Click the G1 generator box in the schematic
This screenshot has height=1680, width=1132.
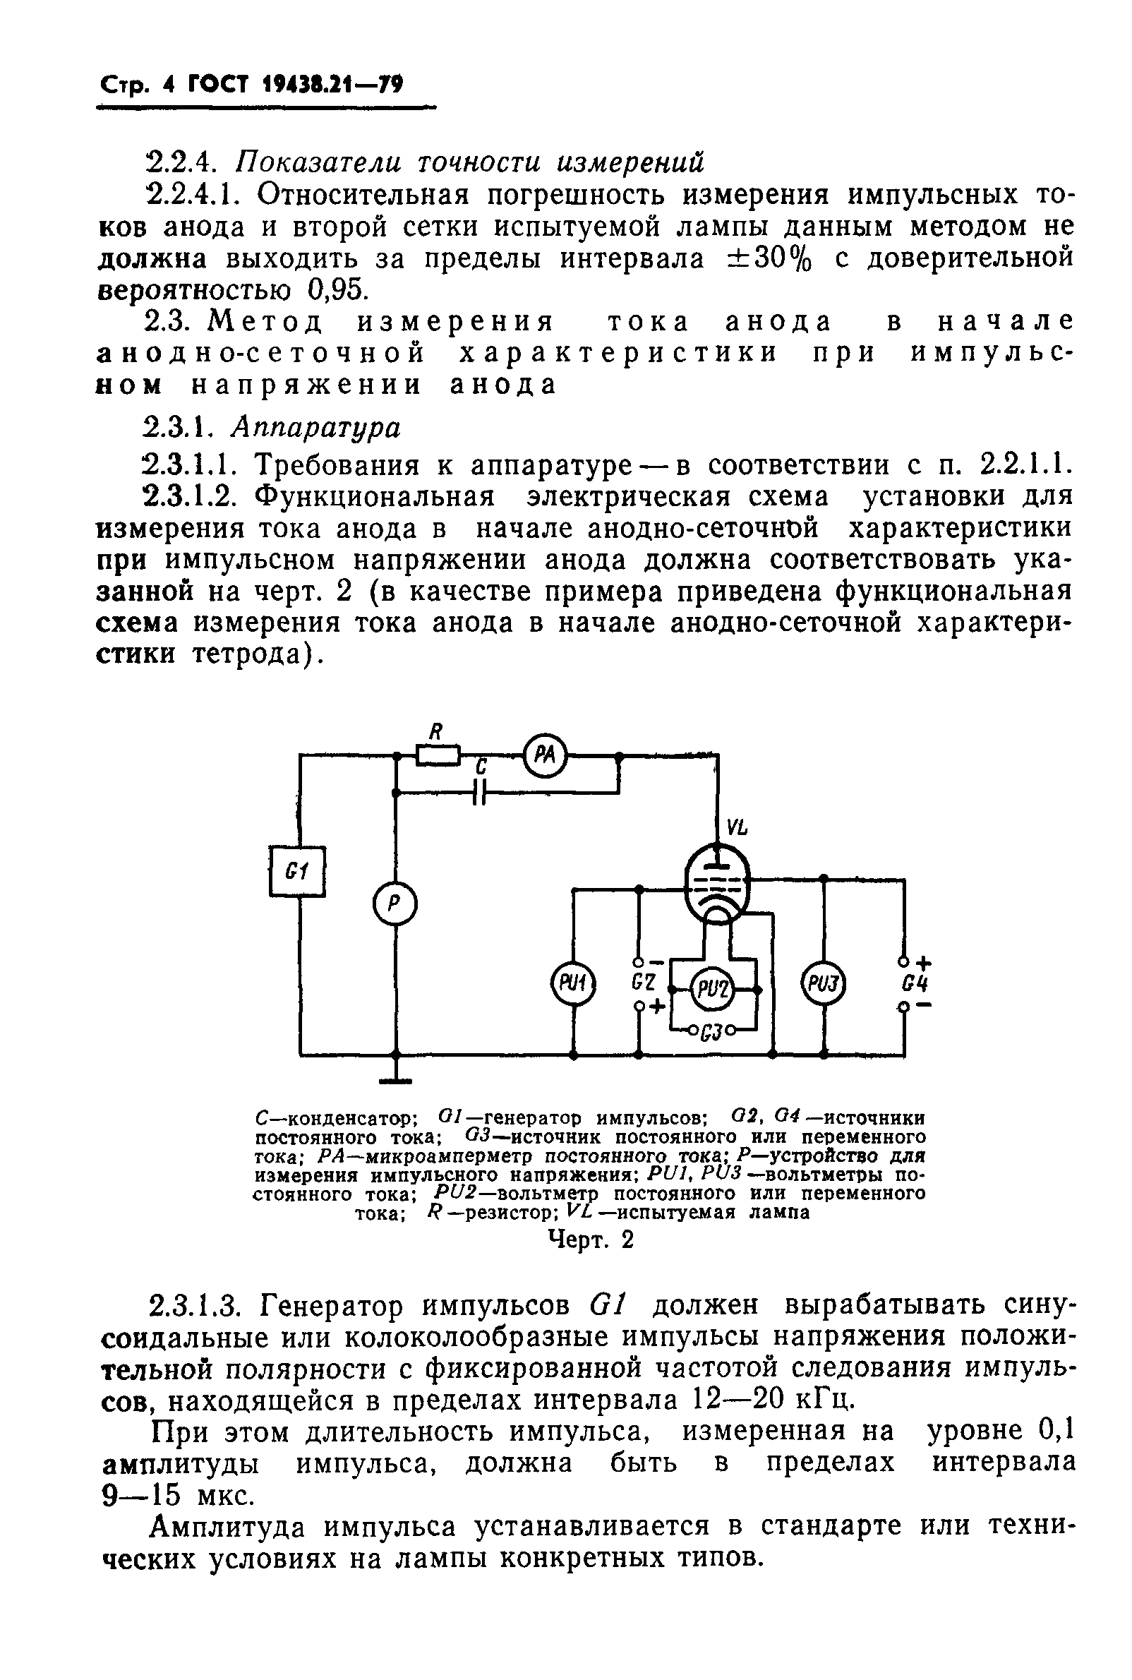[x=297, y=871]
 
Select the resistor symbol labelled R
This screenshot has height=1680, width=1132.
[x=438, y=755]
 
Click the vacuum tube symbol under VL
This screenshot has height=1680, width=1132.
[x=717, y=884]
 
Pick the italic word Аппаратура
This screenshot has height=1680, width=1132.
[x=315, y=428]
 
